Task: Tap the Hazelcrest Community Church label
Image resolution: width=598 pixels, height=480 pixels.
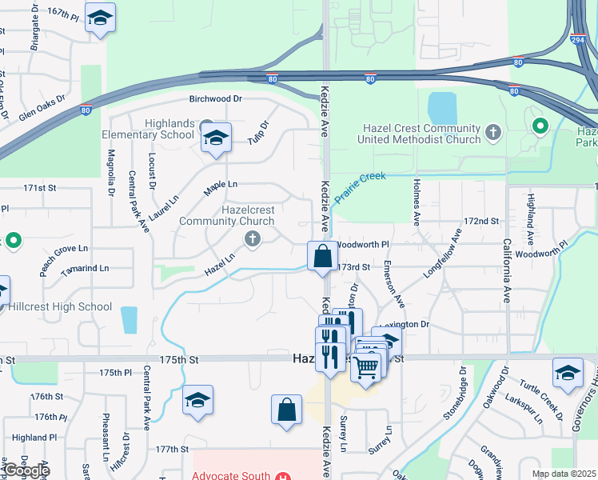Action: coord(226,215)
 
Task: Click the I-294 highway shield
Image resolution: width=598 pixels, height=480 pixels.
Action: coord(578,39)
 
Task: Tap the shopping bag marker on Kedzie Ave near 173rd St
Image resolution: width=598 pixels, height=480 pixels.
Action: coord(322,258)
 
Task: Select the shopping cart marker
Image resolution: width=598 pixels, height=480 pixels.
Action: coord(365,369)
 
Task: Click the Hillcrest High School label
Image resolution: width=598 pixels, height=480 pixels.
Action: coord(60,306)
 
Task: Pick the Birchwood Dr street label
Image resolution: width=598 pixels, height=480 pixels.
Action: coord(215,99)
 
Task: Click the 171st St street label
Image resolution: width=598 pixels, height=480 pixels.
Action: coord(40,188)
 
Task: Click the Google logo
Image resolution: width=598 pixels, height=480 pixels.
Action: coord(26,470)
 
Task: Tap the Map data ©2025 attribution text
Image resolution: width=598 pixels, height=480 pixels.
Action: coord(563,474)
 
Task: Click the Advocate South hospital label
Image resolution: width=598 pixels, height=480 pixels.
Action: coord(232,476)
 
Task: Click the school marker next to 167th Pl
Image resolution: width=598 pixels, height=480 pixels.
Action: coord(100,18)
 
